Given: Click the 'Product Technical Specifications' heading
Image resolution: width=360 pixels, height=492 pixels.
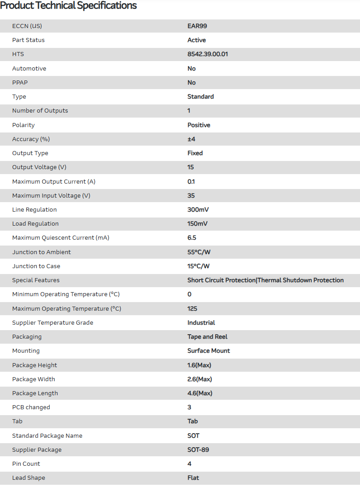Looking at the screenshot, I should click(68, 6).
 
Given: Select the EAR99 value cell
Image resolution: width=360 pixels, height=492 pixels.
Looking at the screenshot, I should click(197, 26).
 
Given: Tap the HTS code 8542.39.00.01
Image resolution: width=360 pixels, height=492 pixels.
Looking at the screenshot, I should click(208, 54).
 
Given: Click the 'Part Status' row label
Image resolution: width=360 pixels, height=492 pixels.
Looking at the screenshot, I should click(28, 40).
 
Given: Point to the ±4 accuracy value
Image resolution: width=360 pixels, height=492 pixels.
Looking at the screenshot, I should click(191, 139).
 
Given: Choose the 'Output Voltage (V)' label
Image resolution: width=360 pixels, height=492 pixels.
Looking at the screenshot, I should click(39, 167).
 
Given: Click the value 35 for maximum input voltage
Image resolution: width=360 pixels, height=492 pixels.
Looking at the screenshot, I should click(191, 196).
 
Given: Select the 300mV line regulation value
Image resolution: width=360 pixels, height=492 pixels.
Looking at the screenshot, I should click(198, 210).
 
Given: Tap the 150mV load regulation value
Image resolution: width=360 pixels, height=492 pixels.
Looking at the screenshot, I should click(198, 224).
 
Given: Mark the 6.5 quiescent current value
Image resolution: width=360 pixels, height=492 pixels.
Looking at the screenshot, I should click(192, 238).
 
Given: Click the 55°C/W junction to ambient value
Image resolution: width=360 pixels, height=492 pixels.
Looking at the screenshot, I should click(199, 252).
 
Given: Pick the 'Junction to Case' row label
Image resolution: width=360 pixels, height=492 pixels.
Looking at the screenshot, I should click(36, 266).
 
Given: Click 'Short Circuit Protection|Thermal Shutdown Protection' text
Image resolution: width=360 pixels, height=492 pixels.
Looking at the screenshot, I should click(265, 280).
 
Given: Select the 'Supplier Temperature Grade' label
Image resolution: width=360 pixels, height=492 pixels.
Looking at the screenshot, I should click(53, 323).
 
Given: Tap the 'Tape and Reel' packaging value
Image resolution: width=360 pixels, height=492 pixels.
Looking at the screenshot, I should click(208, 337).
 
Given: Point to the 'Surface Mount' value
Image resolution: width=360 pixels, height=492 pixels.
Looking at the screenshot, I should click(208, 351).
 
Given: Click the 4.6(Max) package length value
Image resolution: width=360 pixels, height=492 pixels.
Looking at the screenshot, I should click(200, 393).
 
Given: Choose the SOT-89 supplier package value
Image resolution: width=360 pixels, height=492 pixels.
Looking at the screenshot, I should click(198, 450).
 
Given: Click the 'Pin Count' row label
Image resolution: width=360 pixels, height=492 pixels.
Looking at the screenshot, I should click(26, 464).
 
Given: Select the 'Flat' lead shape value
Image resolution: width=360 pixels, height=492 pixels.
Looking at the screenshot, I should click(193, 478).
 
